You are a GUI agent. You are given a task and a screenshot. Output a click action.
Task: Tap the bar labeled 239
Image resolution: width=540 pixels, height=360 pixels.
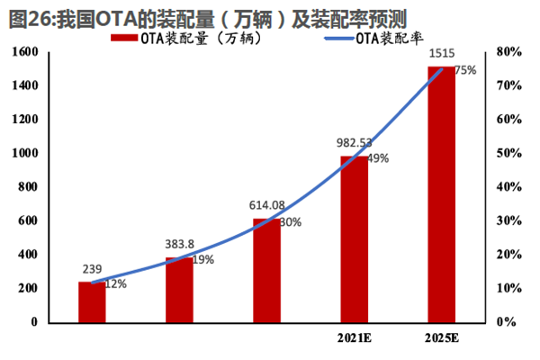pyautogui.click(x=92, y=301)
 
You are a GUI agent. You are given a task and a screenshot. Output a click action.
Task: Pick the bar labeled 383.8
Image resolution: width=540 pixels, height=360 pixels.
pyautogui.click(x=179, y=289)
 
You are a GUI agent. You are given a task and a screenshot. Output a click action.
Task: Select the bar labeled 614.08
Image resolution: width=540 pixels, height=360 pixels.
pyautogui.click(x=266, y=270)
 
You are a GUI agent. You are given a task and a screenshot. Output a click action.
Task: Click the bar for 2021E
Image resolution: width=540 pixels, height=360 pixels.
pyautogui.click(x=354, y=238)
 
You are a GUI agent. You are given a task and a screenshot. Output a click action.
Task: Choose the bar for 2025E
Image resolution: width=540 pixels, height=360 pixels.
pyautogui.click(x=441, y=193)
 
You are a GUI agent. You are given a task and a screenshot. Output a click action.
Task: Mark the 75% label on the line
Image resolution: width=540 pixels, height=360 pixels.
pyautogui.click(x=466, y=70)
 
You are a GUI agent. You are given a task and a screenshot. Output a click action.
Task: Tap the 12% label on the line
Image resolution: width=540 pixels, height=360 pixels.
pyautogui.click(x=115, y=283)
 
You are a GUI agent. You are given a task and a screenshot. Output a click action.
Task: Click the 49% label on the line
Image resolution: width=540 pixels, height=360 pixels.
pyautogui.click(x=378, y=158)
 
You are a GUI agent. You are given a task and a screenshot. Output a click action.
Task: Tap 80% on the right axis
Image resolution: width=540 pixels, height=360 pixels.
pyautogui.click(x=508, y=52)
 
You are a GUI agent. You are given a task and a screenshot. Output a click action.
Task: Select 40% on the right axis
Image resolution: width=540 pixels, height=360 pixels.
pyautogui.click(x=508, y=187)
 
